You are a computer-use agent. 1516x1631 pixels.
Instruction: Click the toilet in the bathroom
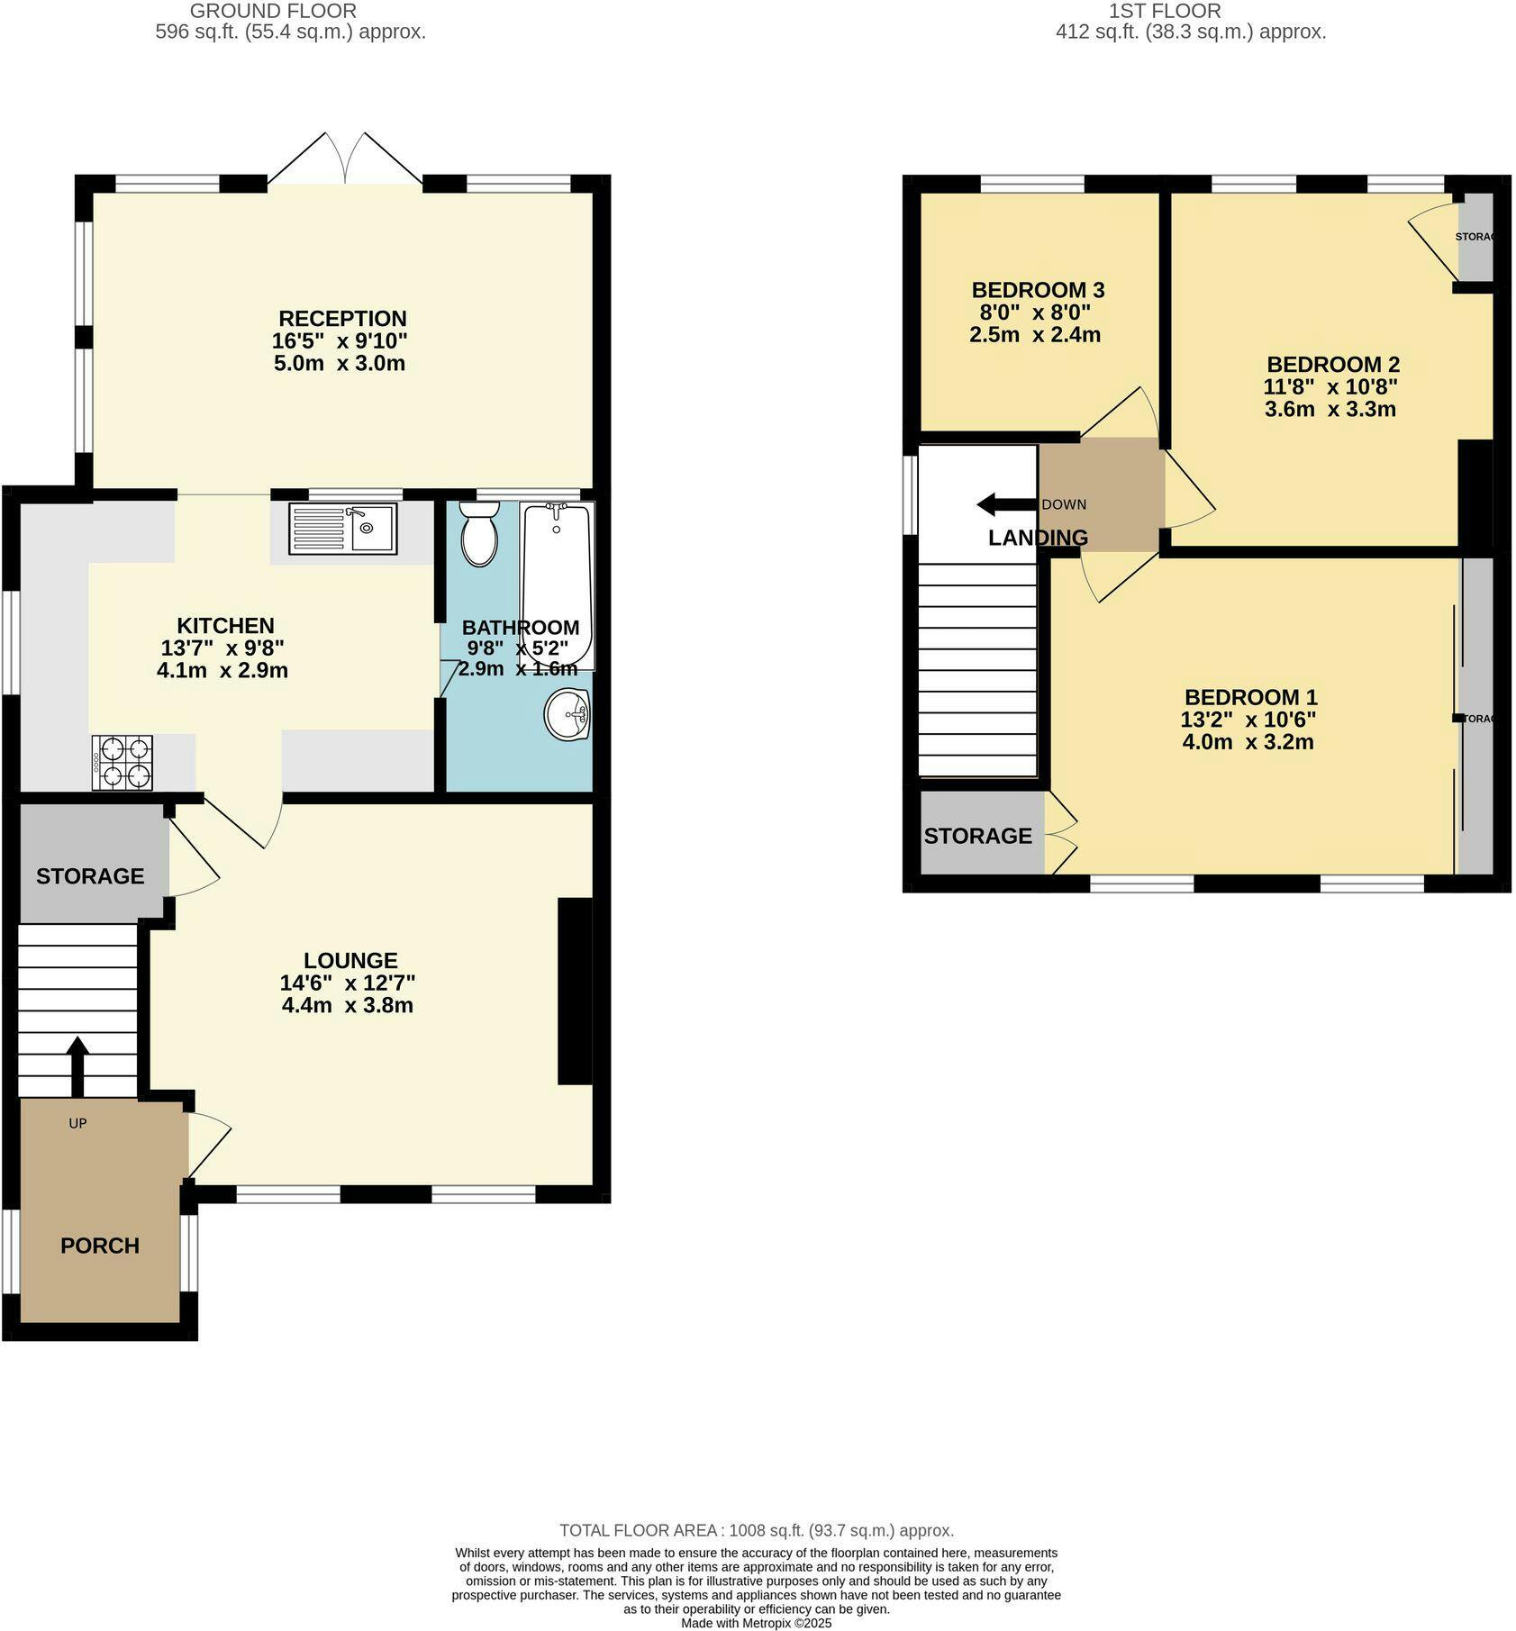coord(479,533)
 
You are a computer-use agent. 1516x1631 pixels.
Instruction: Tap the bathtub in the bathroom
coord(558,586)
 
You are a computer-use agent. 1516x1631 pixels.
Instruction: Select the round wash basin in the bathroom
coord(567,714)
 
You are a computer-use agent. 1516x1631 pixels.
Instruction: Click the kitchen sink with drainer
coord(342,528)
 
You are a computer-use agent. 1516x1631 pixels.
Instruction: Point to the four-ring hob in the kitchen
coord(122,763)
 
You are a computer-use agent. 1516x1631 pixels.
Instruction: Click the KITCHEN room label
coord(225,626)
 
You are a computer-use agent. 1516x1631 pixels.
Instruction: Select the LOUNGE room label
coord(350,960)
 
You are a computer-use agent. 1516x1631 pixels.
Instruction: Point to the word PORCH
coord(100,1246)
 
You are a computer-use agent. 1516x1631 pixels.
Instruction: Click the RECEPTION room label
coord(342,318)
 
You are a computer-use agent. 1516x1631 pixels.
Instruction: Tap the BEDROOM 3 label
coord(1038,290)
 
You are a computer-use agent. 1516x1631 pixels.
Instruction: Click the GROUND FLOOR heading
coord(274,11)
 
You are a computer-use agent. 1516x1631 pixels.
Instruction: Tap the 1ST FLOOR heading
coord(1165,11)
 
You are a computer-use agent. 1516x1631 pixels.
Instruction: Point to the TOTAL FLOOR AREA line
coord(757,1530)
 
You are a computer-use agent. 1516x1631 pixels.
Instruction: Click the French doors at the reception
coord(345,162)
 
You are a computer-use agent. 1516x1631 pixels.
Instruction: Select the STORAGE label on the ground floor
coord(90,876)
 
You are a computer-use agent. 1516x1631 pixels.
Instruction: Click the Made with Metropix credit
coord(757,1623)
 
